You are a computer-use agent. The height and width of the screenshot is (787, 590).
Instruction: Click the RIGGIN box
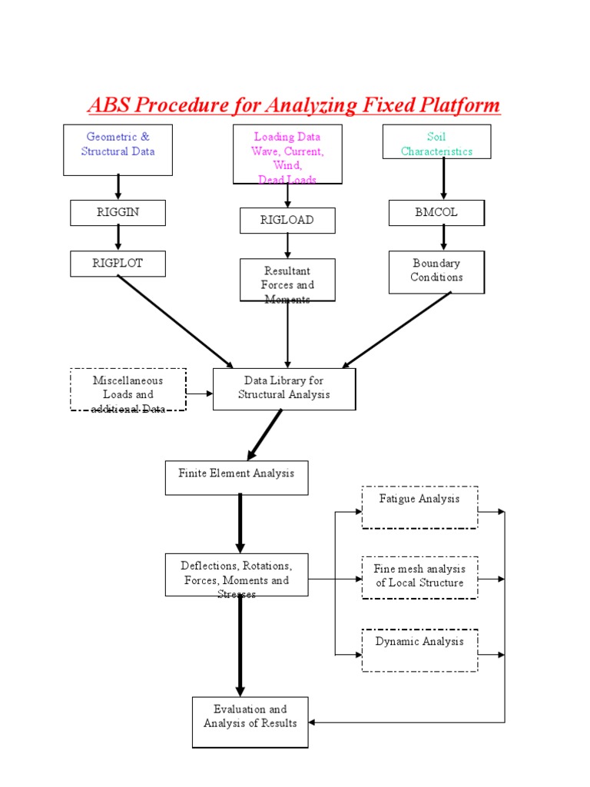(118, 213)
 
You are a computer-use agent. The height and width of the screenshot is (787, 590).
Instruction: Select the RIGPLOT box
(118, 264)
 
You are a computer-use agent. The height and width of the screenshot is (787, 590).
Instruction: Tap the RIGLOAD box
(287, 221)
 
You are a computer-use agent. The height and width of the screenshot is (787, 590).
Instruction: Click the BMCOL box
(436, 213)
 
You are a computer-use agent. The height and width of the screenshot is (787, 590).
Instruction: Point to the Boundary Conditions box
(436, 272)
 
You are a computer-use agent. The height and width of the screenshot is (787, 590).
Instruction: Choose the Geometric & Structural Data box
(118, 149)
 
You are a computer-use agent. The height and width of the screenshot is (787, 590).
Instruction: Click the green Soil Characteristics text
(436, 144)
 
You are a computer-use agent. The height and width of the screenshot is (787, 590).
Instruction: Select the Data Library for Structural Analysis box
(284, 389)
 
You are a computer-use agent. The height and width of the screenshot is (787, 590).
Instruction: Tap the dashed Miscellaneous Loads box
(128, 390)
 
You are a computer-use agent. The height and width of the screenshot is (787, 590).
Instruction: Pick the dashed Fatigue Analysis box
(419, 507)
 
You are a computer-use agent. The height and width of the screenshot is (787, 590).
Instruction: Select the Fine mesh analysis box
(419, 577)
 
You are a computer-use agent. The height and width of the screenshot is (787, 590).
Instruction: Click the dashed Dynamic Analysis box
(419, 650)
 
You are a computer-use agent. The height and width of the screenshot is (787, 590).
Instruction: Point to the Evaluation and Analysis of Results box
(250, 722)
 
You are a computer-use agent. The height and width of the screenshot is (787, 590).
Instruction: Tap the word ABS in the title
(110, 105)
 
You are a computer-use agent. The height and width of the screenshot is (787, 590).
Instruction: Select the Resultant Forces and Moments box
(287, 280)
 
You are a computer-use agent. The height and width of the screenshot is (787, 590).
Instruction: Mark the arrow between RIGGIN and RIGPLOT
(118, 238)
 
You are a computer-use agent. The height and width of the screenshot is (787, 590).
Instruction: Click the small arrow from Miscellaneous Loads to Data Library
(199, 393)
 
